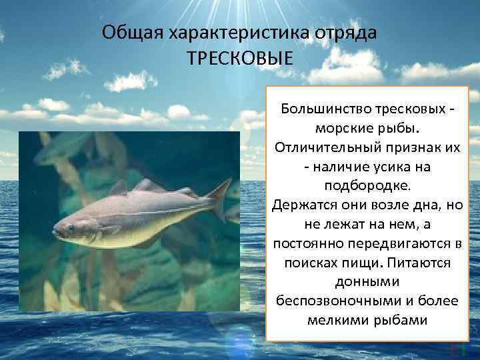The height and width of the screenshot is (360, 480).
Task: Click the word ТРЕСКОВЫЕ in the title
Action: click(240, 58)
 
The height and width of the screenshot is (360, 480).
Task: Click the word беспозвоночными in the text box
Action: click(333, 301)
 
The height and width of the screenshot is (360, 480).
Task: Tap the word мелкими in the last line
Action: click(334, 320)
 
